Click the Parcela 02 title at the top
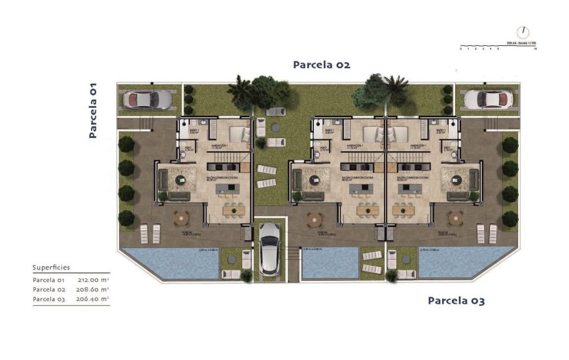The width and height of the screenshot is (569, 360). coord(321,65)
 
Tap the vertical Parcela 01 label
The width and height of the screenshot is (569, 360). coord(93,111)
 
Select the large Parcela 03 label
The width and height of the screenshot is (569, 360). coord(456,301)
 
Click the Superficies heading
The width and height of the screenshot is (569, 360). coord(51,268)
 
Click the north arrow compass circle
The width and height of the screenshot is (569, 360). coord(522,32)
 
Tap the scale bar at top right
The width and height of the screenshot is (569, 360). coord(498,47)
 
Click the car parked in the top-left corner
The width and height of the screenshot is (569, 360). coord(148,99)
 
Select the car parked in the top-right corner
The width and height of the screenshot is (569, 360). coord(486,99)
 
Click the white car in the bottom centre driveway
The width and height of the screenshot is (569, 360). coord(269,249)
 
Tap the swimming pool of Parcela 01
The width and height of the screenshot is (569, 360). coord(169,263)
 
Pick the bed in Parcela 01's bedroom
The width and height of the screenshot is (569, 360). coord(236,134)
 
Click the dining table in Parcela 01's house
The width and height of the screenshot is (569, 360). coord(233,210)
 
